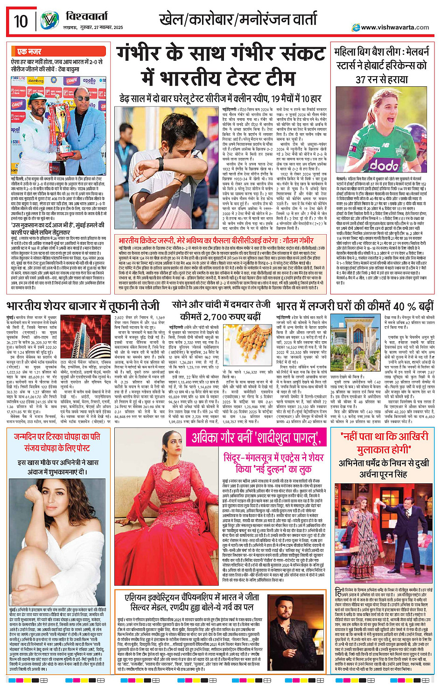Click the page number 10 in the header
pyautogui.click(x=21, y=21)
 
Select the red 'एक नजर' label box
pyautogui.click(x=28, y=51)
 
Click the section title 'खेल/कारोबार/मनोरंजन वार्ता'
pyautogui.click(x=238, y=20)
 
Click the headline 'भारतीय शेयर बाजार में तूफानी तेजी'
pyautogui.click(x=83, y=306)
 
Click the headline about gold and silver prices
pyautogui.click(x=220, y=310)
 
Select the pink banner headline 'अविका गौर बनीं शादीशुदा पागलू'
pyautogui.click(x=256, y=438)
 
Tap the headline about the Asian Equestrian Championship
pyautogui.click(x=192, y=603)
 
